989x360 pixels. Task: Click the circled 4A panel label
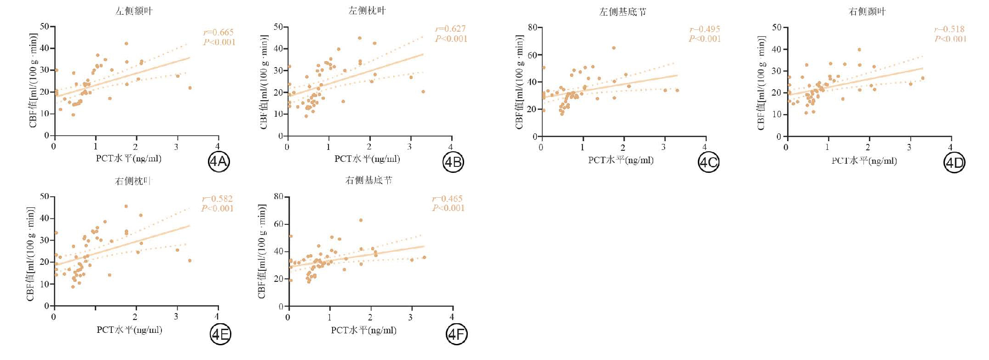click(x=219, y=162)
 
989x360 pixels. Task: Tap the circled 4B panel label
click(x=453, y=162)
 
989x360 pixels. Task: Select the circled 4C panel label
click(x=708, y=162)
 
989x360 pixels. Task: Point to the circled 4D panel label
click(x=954, y=163)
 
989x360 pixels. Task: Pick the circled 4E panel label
click(x=220, y=334)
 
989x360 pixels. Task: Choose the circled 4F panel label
click(x=457, y=334)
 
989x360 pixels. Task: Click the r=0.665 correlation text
click(x=218, y=32)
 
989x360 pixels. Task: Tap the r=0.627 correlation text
click(x=451, y=29)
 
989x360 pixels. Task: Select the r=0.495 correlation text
click(x=705, y=29)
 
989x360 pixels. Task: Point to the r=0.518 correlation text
click(x=949, y=29)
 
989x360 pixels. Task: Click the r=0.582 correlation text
click(x=217, y=199)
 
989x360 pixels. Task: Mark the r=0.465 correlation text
click(x=448, y=199)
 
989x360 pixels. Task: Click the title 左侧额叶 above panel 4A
click(x=134, y=11)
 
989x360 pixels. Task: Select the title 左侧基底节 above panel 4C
click(x=622, y=12)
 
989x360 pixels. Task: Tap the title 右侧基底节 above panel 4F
click(x=369, y=180)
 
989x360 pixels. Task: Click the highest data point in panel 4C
click(x=614, y=48)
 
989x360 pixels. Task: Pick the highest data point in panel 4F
click(x=361, y=220)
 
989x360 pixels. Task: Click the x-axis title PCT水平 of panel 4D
click(x=864, y=161)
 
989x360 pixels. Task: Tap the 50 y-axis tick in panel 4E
click(x=44, y=196)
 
